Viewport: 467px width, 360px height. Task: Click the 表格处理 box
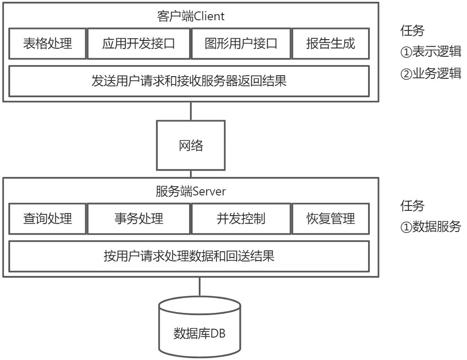pyautogui.click(x=47, y=44)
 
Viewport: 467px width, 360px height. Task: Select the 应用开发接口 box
pyautogui.click(x=139, y=44)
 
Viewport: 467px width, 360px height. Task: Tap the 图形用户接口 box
pyautogui.click(x=241, y=44)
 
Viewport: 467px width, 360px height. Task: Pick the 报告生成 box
pyautogui.click(x=330, y=44)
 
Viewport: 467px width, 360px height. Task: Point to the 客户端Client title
pyautogui.click(x=190, y=17)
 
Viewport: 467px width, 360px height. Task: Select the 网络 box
pyautogui.click(x=191, y=146)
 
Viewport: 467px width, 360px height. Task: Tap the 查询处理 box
pyautogui.click(x=47, y=218)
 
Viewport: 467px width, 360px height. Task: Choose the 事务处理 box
pyautogui.click(x=139, y=218)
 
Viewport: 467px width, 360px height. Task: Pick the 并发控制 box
pyautogui.click(x=241, y=218)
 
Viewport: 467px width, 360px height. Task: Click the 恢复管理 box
pyautogui.click(x=330, y=218)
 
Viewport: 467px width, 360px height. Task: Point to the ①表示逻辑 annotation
pyautogui.click(x=431, y=53)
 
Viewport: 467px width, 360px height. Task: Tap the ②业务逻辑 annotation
pyautogui.click(x=431, y=73)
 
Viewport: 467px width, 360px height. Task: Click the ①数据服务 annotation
pyautogui.click(x=431, y=227)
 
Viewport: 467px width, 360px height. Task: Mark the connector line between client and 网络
pyautogui.click(x=191, y=111)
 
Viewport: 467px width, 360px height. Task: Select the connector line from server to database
pyautogui.click(x=200, y=287)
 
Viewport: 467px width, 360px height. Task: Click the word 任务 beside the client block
pyautogui.click(x=412, y=31)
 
